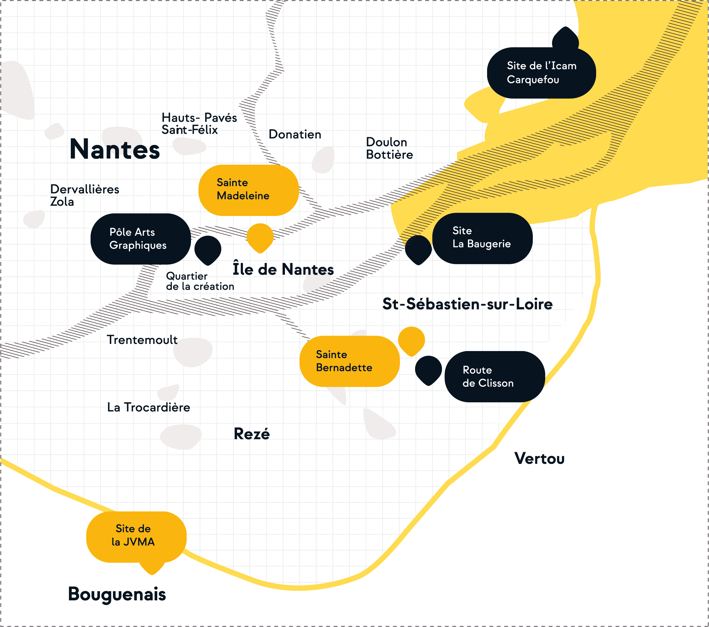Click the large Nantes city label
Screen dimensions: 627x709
coord(114,149)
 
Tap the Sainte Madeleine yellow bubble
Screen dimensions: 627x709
coord(248,190)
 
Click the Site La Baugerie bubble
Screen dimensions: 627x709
coord(482,238)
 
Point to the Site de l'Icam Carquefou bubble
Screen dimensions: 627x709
coord(541,73)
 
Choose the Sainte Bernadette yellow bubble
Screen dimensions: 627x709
coord(349,361)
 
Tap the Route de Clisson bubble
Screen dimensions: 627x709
coord(494,377)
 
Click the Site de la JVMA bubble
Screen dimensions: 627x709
coord(136,536)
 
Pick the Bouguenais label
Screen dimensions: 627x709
coord(117,594)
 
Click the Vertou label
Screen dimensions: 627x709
coord(539,459)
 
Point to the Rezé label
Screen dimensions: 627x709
coord(252,434)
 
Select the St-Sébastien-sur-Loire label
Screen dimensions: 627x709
coord(467,304)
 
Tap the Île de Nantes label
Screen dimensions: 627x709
coord(283,269)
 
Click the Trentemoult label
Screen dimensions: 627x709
coord(142,340)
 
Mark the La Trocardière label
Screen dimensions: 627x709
coord(148,407)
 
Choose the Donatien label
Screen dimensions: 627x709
coord(295,134)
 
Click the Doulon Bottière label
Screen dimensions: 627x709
coord(389,148)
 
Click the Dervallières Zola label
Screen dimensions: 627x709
coord(84,195)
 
